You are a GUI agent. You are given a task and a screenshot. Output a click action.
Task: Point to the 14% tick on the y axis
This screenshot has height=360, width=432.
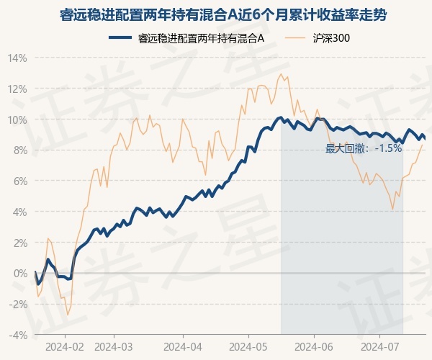pyautogui.click(x=17, y=58)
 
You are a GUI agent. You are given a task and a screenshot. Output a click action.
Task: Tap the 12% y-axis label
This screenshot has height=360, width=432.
pyautogui.click(x=17, y=89)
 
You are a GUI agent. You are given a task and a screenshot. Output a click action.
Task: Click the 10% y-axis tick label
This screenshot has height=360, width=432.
pyautogui.click(x=17, y=120)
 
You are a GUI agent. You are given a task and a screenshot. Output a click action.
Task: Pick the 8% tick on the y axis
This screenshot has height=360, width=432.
pyautogui.click(x=19, y=150)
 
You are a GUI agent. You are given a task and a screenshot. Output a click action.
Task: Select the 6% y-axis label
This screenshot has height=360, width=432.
pyautogui.click(x=19, y=181)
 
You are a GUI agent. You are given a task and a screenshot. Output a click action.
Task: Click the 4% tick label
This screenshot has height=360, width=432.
pyautogui.click(x=19, y=212)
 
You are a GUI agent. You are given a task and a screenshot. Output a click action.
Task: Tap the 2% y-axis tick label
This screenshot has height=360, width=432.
pyautogui.click(x=19, y=243)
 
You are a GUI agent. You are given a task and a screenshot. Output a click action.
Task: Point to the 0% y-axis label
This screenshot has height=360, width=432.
pyautogui.click(x=19, y=273)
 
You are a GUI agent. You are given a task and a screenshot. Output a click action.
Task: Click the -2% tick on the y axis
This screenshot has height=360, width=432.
pyautogui.click(x=18, y=304)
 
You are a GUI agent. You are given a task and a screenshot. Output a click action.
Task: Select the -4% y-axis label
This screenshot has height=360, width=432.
pyautogui.click(x=18, y=335)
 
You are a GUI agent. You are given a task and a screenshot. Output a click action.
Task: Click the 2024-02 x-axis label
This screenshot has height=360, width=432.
pyautogui.click(x=64, y=346)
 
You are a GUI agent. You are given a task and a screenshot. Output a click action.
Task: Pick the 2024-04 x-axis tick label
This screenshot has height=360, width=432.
pyautogui.click(x=185, y=346)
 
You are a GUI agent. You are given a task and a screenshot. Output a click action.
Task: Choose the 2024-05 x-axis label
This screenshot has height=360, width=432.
pyautogui.click(x=248, y=346)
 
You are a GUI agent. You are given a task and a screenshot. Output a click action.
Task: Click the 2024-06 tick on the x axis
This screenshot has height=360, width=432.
pyautogui.click(x=315, y=346)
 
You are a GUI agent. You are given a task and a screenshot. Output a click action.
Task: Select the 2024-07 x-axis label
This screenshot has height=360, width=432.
pyautogui.click(x=379, y=346)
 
